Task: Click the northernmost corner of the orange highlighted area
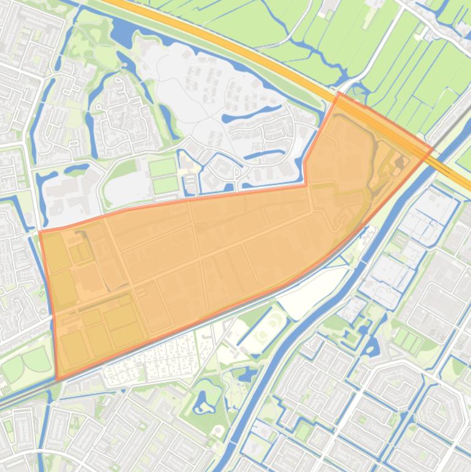tap(339, 93)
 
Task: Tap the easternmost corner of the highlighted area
tap(433, 148)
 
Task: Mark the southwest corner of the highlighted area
tap(57, 380)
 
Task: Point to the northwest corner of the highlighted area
tap(40, 233)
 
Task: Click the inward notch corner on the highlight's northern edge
tap(306, 185)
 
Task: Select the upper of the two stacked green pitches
tap(162, 167)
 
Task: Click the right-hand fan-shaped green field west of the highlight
tap(37, 359)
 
